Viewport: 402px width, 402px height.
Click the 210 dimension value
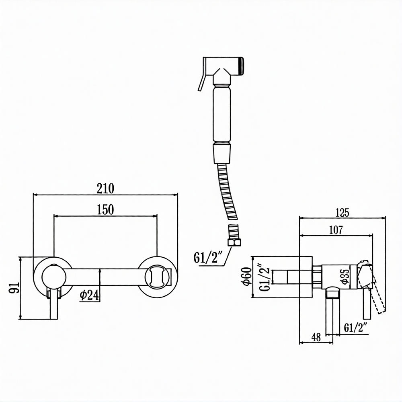pyautogui.click(x=105, y=188)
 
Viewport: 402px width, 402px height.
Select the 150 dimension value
pyautogui.click(x=105, y=209)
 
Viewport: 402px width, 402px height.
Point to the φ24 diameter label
pyautogui.click(x=89, y=295)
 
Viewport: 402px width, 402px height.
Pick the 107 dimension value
pyautogui.click(x=335, y=230)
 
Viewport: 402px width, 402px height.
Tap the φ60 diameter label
pyautogui.click(x=246, y=277)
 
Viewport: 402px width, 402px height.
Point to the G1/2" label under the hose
pyautogui.click(x=208, y=258)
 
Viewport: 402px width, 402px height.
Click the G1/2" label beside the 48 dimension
pyautogui.click(x=356, y=328)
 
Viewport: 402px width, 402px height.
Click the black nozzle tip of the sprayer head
pyautogui.click(x=241, y=66)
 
